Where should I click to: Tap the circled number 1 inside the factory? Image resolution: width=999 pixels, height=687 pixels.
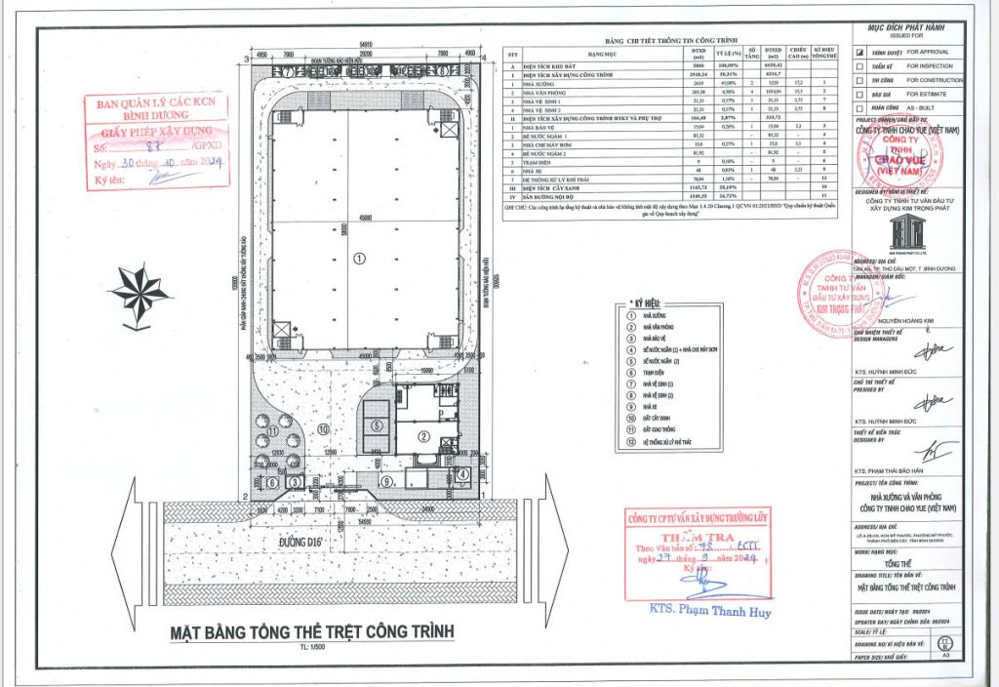click(x=358, y=259)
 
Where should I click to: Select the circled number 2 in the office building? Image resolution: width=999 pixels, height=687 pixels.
click(x=425, y=435)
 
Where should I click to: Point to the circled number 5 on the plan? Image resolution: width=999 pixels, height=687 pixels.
click(x=376, y=425)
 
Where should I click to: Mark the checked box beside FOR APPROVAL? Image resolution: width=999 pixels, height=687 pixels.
click(x=859, y=50)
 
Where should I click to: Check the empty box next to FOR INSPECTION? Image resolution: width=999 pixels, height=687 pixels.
click(x=859, y=64)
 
